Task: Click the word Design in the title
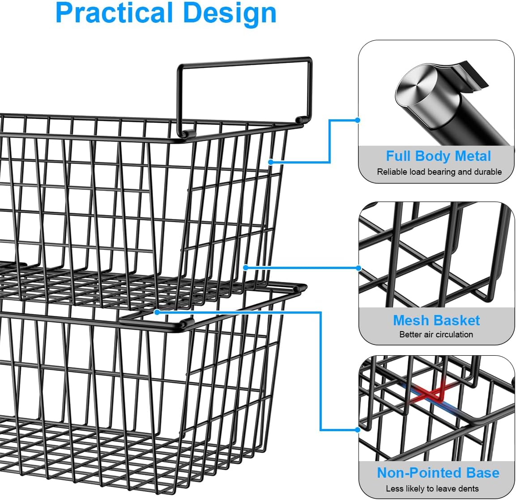tap(230, 13)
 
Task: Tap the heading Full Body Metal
tap(438, 156)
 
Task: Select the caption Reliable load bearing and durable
tap(439, 172)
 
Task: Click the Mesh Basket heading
tap(436, 320)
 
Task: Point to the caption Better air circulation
tap(436, 335)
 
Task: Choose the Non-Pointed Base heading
tap(438, 473)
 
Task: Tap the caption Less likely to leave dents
tap(432, 489)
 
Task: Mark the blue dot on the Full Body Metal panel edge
tap(358, 120)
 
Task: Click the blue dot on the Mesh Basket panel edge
tap(358, 268)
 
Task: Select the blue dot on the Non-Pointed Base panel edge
tap(358, 430)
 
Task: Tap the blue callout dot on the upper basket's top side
tap(271, 162)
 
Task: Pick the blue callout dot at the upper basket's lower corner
tap(245, 268)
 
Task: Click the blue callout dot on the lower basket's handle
tap(157, 312)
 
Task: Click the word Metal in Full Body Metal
tap(472, 156)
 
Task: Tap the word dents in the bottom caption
tap(468, 489)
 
